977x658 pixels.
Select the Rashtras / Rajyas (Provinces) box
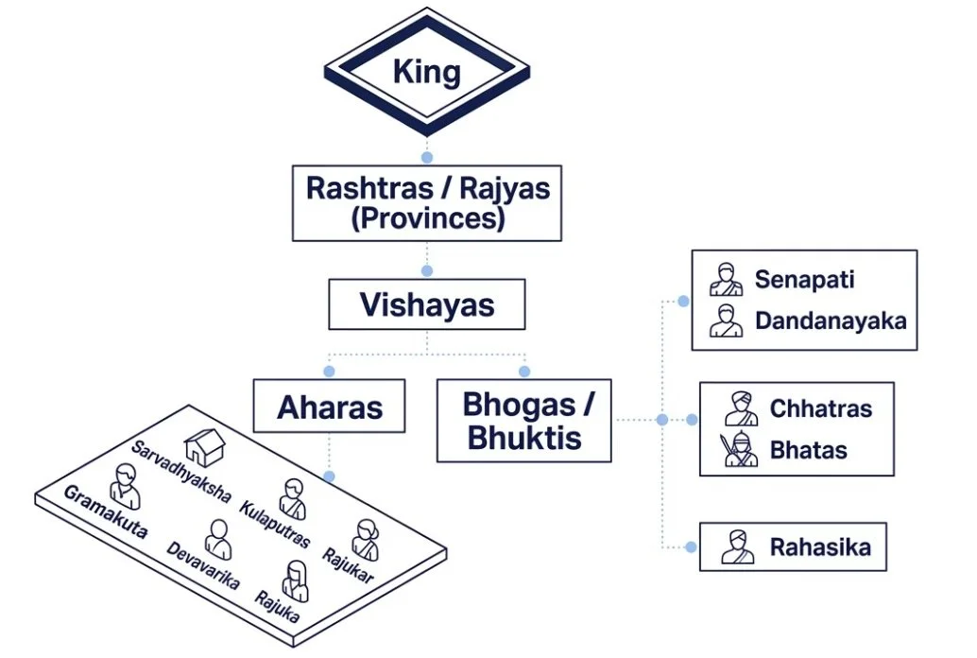427,203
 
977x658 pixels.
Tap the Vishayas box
427,305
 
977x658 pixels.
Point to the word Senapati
804,280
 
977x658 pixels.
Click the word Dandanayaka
831,320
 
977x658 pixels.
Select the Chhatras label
820,408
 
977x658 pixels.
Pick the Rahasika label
819,546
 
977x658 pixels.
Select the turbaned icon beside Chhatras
742,408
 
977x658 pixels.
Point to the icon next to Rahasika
738,547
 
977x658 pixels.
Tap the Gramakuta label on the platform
105,511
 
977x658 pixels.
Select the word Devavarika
202,564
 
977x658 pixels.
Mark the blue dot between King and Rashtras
427,157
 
